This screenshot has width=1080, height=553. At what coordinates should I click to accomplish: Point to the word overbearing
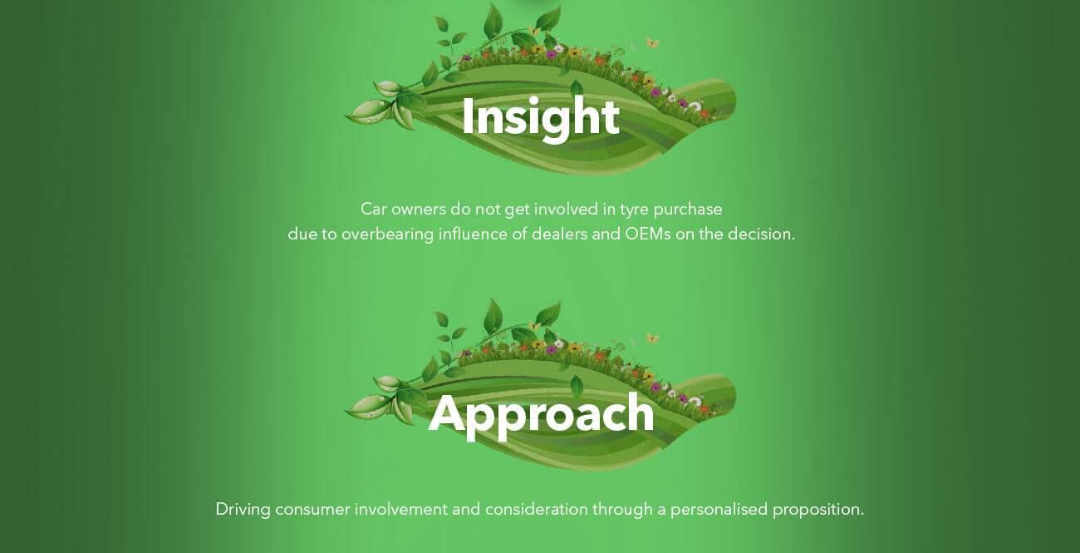[x=388, y=235]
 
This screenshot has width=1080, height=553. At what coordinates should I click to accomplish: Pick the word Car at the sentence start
[x=373, y=210]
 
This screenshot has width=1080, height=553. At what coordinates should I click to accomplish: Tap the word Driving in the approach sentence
[x=243, y=510]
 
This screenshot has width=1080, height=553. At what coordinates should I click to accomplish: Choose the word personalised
[x=719, y=510]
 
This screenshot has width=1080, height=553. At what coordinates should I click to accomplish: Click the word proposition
[x=818, y=510]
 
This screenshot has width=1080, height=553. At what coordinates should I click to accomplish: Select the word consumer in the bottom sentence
[x=312, y=510]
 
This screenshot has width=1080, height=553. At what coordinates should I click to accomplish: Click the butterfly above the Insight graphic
[x=652, y=43]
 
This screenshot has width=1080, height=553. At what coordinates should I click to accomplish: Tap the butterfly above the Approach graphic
[x=652, y=338]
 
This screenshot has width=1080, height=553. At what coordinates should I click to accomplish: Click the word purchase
[x=688, y=210]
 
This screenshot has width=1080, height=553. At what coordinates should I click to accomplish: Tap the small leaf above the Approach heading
[x=577, y=386]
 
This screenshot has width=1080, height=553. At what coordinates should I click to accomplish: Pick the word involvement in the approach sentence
[x=401, y=510]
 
